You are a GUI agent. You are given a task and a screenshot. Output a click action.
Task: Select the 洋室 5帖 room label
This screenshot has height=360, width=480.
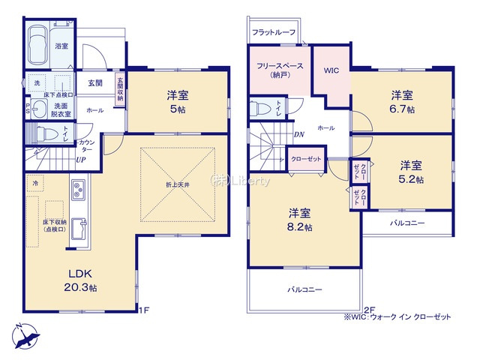coord(178,101)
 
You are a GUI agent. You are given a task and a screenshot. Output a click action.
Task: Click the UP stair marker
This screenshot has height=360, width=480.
coord(79,160)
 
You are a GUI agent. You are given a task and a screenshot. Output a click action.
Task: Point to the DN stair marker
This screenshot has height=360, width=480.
coord(298,136)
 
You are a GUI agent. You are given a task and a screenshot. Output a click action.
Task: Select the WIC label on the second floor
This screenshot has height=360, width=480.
coord(331,71)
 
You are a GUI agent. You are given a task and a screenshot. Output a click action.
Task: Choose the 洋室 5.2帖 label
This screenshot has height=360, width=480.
coord(410,172)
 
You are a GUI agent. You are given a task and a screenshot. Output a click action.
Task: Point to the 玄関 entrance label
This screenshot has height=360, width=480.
coord(94,83)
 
